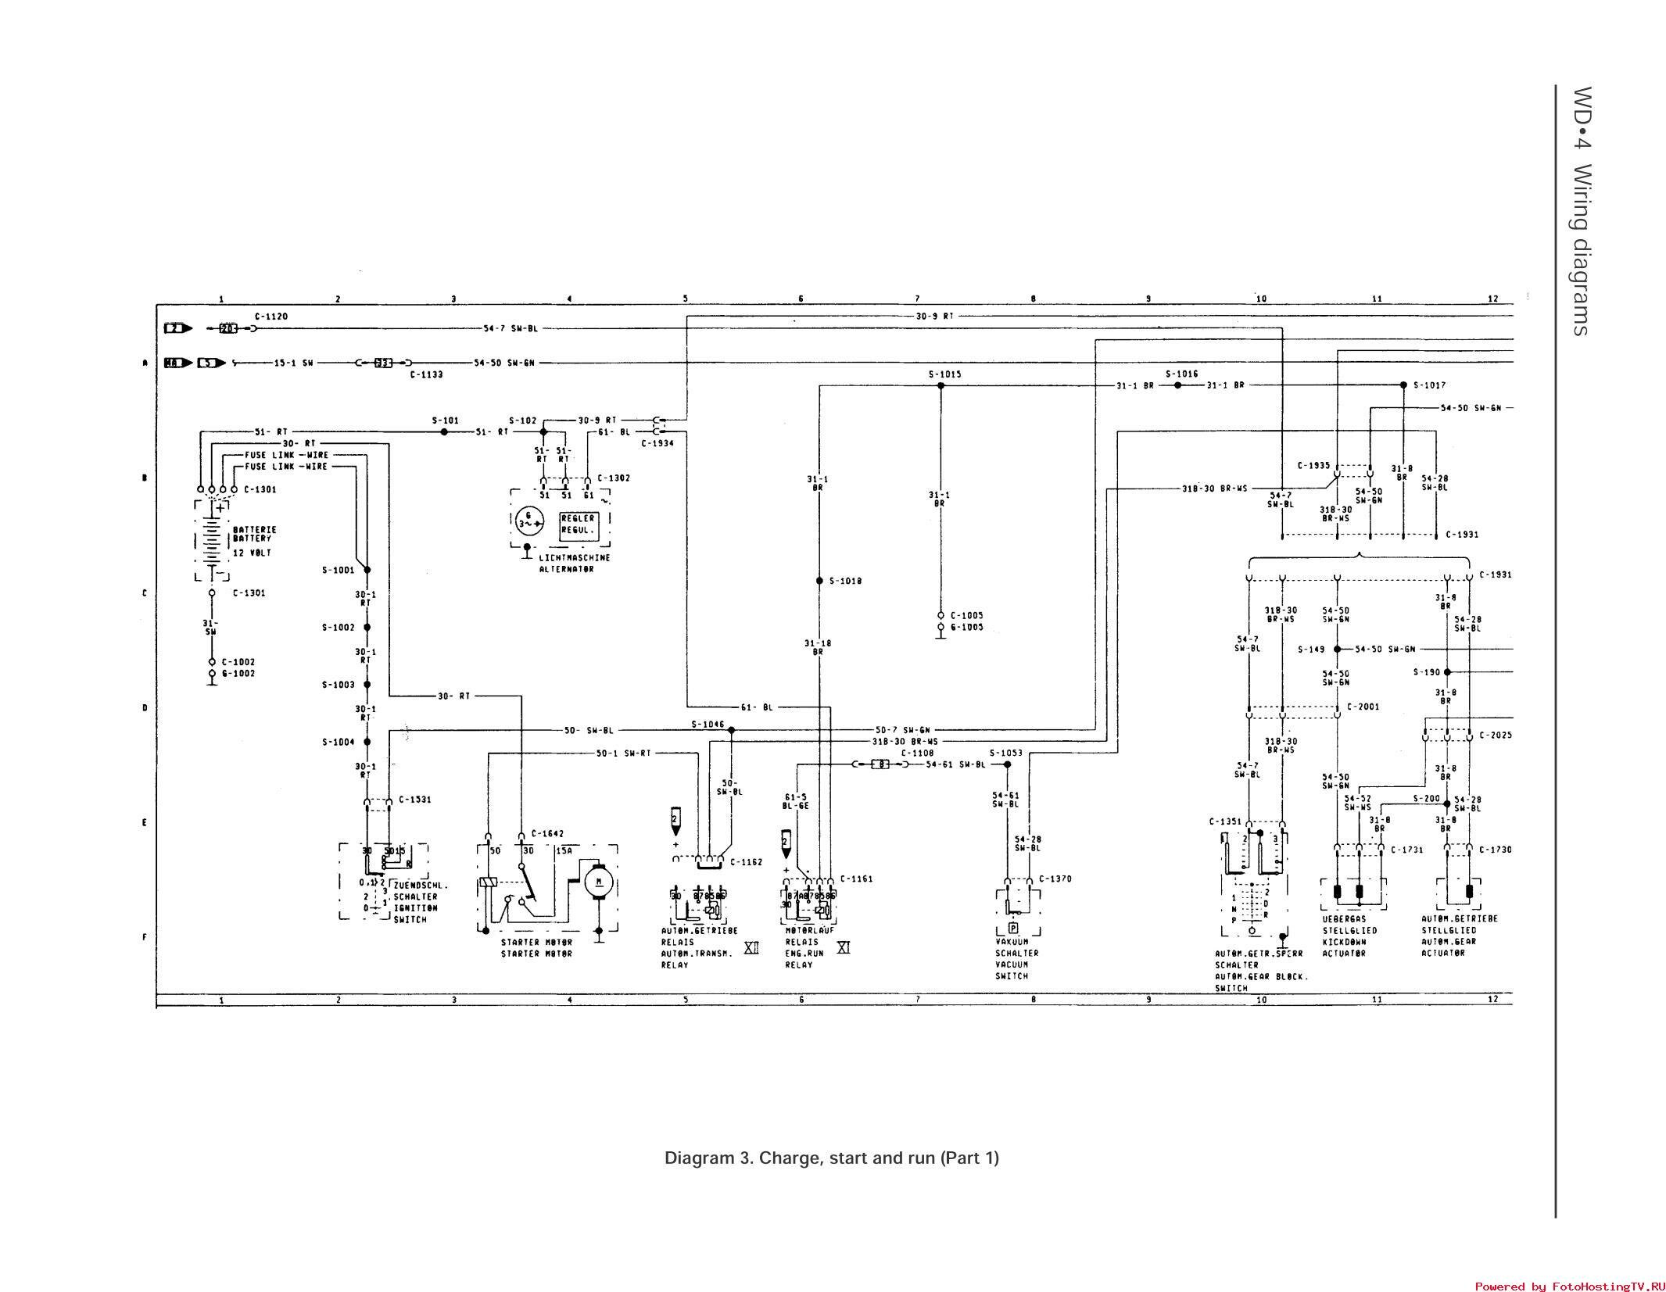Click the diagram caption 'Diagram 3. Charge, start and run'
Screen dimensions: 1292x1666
coord(831,1158)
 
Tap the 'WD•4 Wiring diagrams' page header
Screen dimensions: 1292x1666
coord(1581,211)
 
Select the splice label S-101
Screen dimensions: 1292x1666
coord(446,421)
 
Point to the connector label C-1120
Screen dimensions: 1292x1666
coord(271,317)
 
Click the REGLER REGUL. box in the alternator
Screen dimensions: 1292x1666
coord(578,524)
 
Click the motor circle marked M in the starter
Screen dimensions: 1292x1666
coord(599,882)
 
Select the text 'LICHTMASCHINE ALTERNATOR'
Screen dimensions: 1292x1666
coord(574,564)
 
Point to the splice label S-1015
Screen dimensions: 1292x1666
coord(944,374)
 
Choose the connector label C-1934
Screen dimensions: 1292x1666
coord(657,443)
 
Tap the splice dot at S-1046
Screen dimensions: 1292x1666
coord(731,730)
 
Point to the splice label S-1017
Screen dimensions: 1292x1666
coord(1429,385)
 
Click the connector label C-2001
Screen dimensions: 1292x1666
coord(1363,707)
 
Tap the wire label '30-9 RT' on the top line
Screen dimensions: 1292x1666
coord(935,317)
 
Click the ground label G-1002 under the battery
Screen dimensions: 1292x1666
coord(238,674)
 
